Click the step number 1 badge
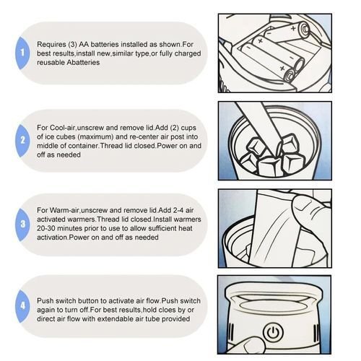tap(22, 53)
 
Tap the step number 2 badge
tap(22, 141)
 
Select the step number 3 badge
tap(22, 225)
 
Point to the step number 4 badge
tap(22, 306)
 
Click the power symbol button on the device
tap(273, 333)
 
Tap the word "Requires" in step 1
tap(51, 45)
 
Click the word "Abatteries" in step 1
tap(83, 63)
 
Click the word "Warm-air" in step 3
tap(64, 210)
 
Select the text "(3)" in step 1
tap(72, 45)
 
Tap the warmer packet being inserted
tap(277, 229)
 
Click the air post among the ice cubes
tap(260, 125)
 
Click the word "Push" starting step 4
tap(45, 301)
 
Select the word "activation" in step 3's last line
tap(53, 238)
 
